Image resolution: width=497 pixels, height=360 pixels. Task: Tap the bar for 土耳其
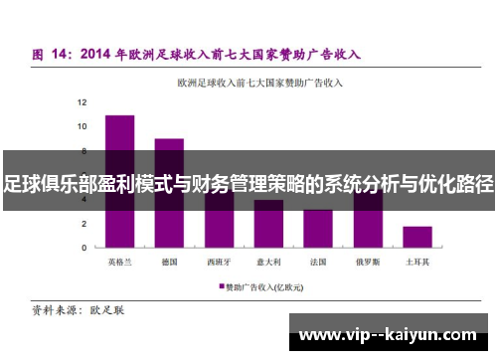pyautogui.click(x=417, y=237)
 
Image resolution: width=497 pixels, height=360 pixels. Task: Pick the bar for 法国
pyautogui.click(x=318, y=229)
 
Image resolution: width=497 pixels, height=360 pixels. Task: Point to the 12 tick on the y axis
pyautogui.click(x=83, y=102)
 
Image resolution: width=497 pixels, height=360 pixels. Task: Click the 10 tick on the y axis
pyautogui.click(x=83, y=126)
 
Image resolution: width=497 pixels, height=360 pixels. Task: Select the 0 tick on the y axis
pyautogui.click(x=84, y=248)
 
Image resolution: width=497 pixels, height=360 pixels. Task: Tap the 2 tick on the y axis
pyautogui.click(x=84, y=224)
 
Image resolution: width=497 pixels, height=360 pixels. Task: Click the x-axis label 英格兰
pyautogui.click(x=119, y=263)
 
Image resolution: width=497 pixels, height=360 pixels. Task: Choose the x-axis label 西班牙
pyautogui.click(x=219, y=263)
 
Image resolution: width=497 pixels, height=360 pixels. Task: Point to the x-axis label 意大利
pyautogui.click(x=268, y=263)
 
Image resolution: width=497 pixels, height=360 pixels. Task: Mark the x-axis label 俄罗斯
pyautogui.click(x=368, y=263)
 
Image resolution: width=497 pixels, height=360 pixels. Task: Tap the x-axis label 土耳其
pyautogui.click(x=417, y=263)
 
